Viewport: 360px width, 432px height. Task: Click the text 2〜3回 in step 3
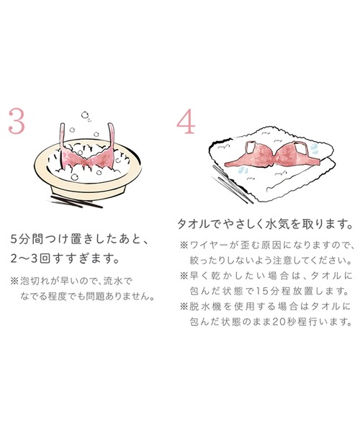click(32, 257)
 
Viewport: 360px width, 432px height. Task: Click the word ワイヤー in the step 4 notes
click(211, 245)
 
